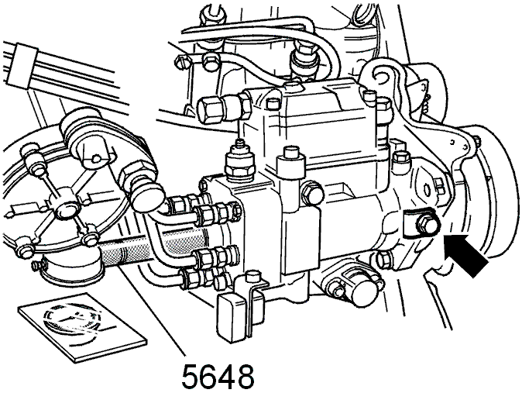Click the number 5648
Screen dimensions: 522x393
tap(218, 375)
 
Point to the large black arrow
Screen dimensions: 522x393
tap(466, 254)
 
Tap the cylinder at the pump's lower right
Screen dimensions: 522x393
tap(366, 289)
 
